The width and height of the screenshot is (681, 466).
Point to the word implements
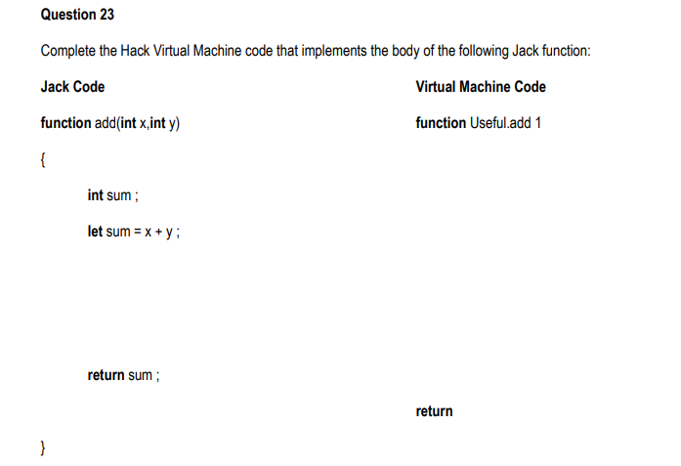[x=338, y=51]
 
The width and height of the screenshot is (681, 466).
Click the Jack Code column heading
[x=72, y=87]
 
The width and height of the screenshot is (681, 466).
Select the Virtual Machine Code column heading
[x=481, y=87]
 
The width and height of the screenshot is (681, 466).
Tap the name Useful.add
[x=499, y=123]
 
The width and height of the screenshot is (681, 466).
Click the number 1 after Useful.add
[x=537, y=123]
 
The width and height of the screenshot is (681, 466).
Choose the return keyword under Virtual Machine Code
[x=434, y=411]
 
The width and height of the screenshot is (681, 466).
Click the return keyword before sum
[x=106, y=375]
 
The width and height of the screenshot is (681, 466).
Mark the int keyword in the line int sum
[x=95, y=195]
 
